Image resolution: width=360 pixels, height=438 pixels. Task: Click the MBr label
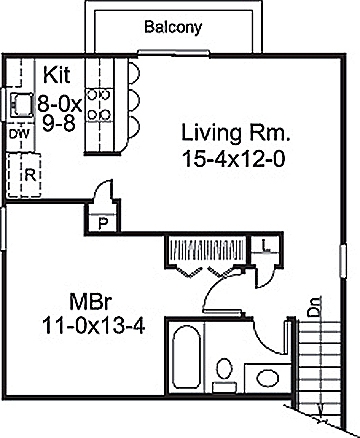[x=90, y=301]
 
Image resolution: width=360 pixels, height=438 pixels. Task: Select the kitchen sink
[x=18, y=102]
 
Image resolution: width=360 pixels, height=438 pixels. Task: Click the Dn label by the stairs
[x=314, y=313]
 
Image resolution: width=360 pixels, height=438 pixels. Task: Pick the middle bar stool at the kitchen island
[x=135, y=102]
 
